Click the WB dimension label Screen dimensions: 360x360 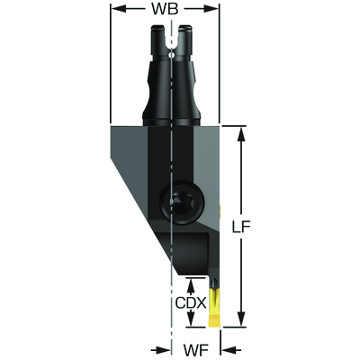(x=165, y=9)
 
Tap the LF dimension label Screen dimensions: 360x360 (x=241, y=227)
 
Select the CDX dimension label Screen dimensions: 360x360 (x=191, y=303)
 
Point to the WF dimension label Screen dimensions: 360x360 (x=196, y=350)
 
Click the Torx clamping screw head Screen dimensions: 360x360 (x=182, y=202)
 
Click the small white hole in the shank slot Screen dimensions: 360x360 (x=171, y=55)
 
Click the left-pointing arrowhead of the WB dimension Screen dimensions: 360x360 (x=119, y=9)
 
